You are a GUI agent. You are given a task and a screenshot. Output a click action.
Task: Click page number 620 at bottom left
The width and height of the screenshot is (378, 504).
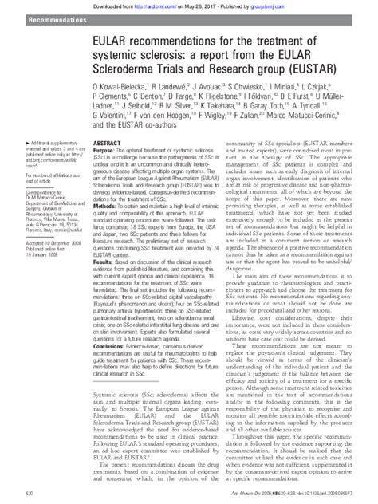pos(10,496)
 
